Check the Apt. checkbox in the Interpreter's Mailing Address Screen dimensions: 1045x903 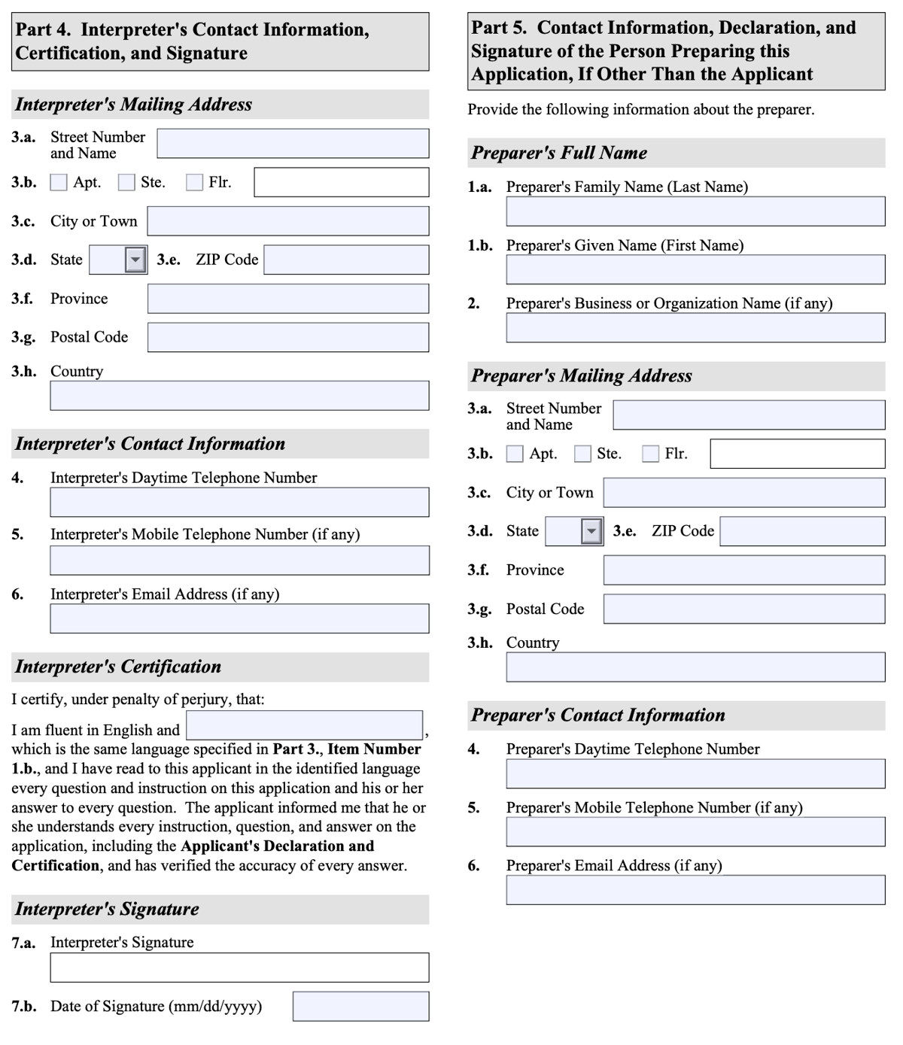59,183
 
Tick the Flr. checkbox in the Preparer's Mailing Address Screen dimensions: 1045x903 650,454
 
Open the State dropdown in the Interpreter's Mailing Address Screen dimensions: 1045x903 135,260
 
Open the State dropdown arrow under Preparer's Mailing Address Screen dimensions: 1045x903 591,531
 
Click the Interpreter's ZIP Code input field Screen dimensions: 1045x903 346,260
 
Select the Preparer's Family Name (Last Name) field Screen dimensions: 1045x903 695,211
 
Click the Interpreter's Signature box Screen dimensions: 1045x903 239,968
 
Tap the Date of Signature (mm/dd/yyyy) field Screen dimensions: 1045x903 360,1007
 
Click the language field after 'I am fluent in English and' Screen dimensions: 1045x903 304,725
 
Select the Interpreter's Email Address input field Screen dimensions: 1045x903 239,618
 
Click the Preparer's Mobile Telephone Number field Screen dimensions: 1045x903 695,832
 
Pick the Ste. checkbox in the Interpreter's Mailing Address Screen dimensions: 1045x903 126,183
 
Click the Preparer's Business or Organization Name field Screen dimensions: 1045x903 695,328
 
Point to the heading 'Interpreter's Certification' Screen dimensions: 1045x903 118,667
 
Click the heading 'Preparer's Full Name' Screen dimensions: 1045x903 559,153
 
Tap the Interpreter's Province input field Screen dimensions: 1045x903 288,299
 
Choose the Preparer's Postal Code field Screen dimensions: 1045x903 743,609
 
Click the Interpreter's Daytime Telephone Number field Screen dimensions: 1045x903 239,503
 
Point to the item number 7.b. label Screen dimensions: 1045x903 24,1007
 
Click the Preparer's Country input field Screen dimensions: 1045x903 695,667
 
